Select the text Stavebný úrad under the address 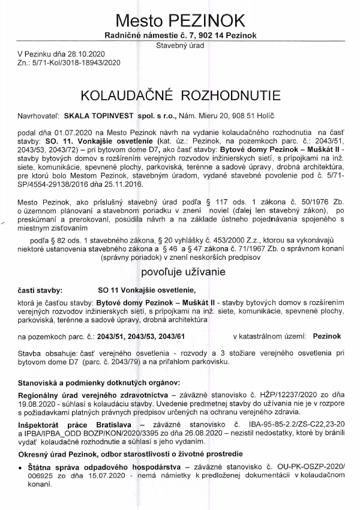179,45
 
